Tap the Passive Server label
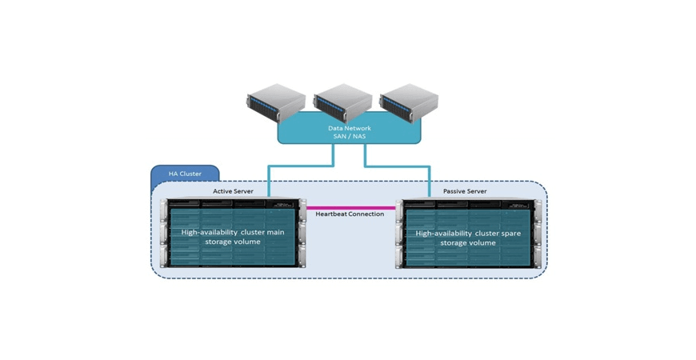click(x=466, y=192)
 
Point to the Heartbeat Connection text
click(x=350, y=214)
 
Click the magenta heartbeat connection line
click(x=350, y=207)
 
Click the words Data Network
click(x=349, y=127)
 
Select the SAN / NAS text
click(x=349, y=136)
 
